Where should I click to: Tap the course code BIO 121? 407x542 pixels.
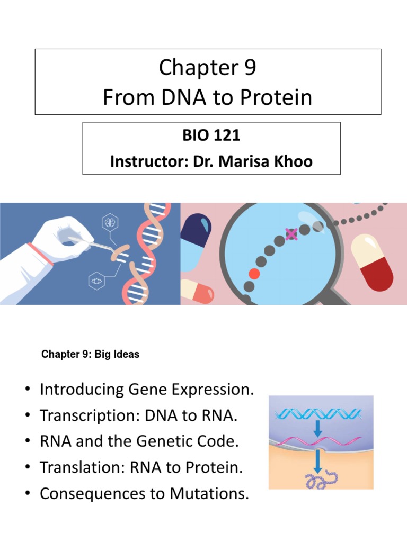click(211, 135)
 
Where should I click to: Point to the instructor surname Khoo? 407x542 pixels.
click(289, 161)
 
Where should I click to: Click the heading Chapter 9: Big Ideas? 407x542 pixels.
click(90, 355)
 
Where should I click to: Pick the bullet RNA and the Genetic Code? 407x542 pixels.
click(139, 442)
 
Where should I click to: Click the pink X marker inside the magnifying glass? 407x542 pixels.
click(291, 233)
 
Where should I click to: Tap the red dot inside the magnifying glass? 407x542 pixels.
click(255, 274)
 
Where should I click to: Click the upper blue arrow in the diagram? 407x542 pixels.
click(317, 429)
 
